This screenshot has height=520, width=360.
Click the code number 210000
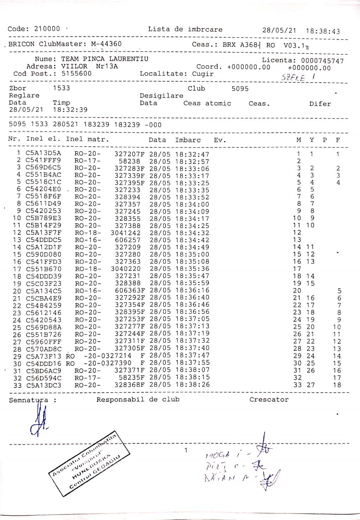pos(47,29)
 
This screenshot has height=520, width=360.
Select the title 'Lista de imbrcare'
pos(185,30)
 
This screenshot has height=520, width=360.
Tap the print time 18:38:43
pos(323,31)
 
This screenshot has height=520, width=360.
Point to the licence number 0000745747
pos(322,61)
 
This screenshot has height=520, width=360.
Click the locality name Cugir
pos(203,74)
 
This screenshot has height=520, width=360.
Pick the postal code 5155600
pos(76,74)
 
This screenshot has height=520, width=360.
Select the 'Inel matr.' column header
pos(88,139)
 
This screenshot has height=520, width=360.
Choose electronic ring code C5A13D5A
pos(43,153)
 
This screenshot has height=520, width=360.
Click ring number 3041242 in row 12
pos(126,233)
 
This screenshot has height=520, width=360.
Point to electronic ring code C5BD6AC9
pos(44,371)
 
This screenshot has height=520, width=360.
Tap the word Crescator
pos(269,400)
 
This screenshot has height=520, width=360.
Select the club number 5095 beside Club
pos(240,89)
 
